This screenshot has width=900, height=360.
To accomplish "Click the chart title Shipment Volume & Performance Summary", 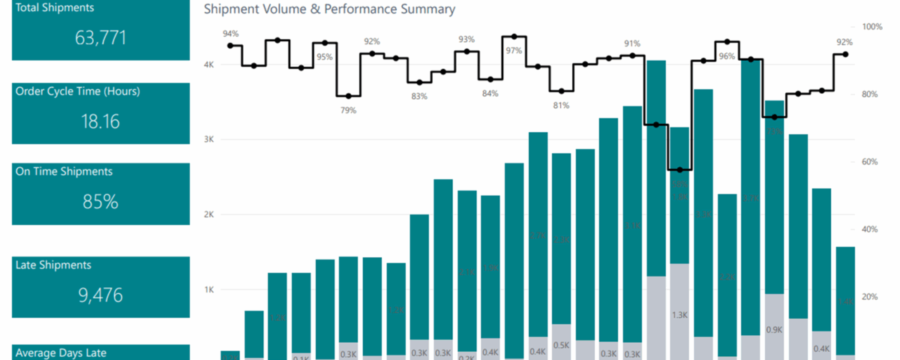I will click(329, 10).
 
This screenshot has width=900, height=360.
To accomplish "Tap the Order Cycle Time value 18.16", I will click(100, 121).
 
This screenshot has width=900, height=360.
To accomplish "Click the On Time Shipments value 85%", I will click(100, 202).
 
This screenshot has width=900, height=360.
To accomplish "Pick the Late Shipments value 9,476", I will click(100, 295).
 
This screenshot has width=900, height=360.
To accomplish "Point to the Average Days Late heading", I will click(61, 352).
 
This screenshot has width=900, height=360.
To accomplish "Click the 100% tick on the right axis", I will click(872, 26).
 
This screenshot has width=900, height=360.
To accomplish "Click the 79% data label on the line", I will click(349, 110).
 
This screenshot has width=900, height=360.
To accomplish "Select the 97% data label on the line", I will click(514, 51).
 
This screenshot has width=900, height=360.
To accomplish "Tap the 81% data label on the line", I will click(561, 106).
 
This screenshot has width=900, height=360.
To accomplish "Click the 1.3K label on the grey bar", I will click(679, 316).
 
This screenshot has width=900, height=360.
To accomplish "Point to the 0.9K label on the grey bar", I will click(774, 329).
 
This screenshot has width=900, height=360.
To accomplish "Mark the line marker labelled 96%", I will click(727, 42).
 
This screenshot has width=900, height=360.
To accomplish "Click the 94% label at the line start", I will click(230, 34).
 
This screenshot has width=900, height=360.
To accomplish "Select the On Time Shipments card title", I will click(64, 172).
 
